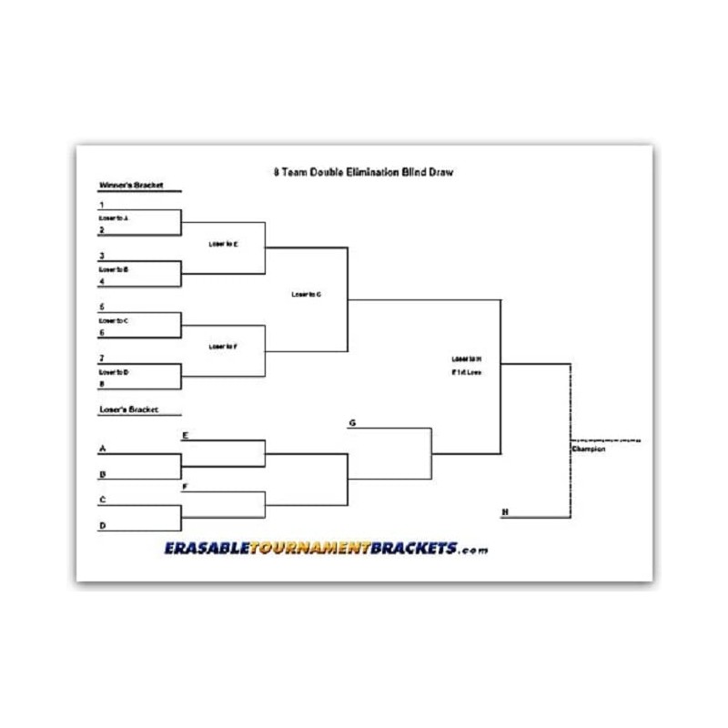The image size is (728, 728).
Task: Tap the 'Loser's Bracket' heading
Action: tap(128, 410)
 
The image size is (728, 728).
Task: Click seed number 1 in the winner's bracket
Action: tap(101, 206)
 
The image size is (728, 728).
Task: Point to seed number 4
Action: tap(101, 282)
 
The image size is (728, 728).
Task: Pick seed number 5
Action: tap(101, 308)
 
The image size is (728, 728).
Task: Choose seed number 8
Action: tap(101, 384)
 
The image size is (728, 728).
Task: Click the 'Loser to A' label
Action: tap(114, 218)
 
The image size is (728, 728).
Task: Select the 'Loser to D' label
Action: tap(114, 372)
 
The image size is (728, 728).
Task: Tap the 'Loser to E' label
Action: tap(223, 244)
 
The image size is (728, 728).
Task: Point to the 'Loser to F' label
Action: tap(223, 347)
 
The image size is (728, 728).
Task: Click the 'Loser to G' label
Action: tap(306, 295)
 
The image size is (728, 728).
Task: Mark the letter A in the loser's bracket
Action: tap(101, 449)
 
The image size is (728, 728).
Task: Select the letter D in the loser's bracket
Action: tap(101, 526)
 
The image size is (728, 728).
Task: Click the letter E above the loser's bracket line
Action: tap(185, 436)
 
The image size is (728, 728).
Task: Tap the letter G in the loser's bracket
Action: tap(351, 423)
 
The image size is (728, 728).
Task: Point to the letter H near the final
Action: tap(504, 512)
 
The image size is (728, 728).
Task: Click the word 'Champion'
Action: tap(589, 449)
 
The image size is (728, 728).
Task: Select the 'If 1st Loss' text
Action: tap(466, 373)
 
